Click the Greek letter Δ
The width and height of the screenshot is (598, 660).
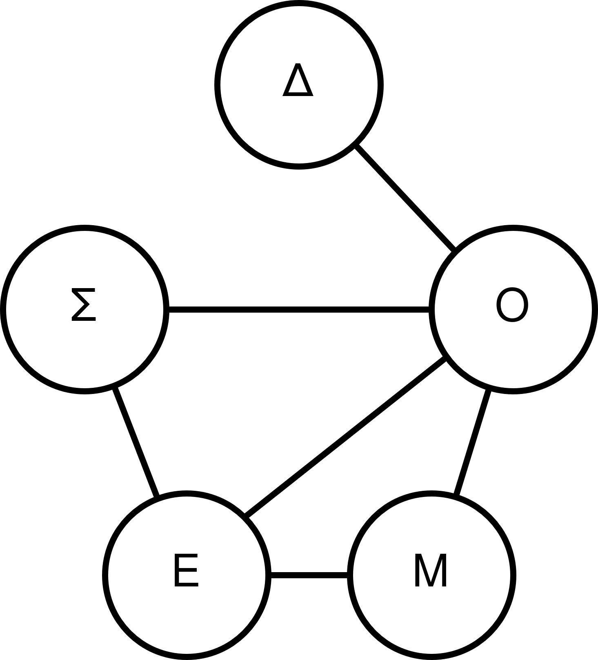click(x=298, y=80)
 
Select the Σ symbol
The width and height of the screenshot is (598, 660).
click(x=84, y=304)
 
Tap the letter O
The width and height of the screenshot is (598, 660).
click(x=512, y=305)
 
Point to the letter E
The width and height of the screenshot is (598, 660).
click(x=186, y=571)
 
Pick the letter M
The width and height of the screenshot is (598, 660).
click(x=431, y=571)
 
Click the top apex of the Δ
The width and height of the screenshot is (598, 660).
click(x=298, y=65)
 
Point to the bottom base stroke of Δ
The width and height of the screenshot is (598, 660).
click(x=298, y=94)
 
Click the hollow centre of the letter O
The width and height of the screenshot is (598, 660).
click(x=512, y=305)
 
